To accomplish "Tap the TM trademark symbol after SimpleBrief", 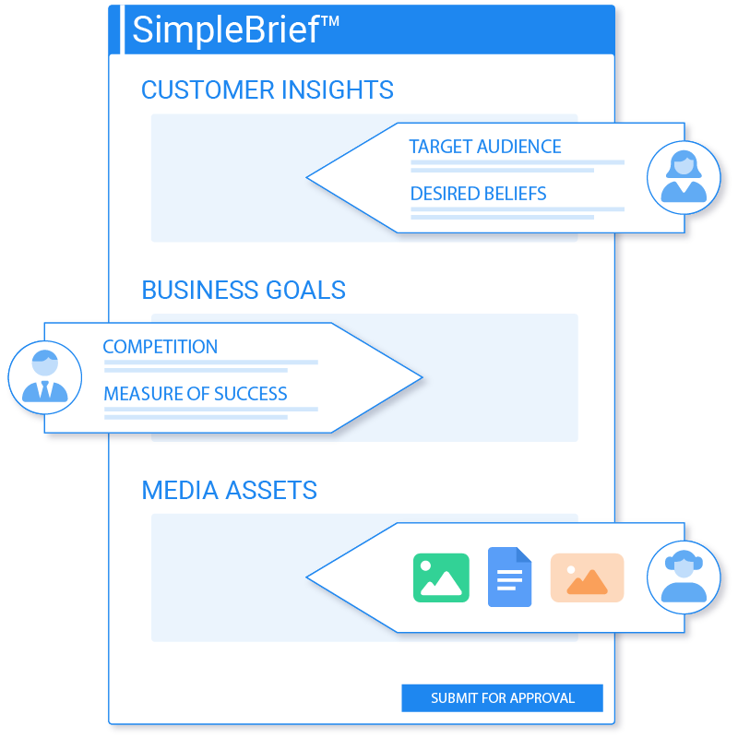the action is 329,21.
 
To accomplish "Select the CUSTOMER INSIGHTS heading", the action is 267,89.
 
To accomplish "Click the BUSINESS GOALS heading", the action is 244,290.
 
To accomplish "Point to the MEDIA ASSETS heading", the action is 229,490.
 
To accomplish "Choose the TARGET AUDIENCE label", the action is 485,147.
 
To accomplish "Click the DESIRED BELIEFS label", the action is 478,194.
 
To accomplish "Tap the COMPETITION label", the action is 160,347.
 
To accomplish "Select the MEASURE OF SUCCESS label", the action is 196,394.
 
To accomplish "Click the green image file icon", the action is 441,577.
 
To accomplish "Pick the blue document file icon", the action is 510,577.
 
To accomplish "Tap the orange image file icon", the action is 587,577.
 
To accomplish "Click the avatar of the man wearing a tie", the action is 44,377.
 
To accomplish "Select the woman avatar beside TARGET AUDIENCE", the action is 684,177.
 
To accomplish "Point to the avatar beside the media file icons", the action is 684,577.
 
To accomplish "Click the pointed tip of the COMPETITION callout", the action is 422,377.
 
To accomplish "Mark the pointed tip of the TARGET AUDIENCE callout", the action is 307,177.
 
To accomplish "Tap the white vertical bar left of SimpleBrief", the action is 123,30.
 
